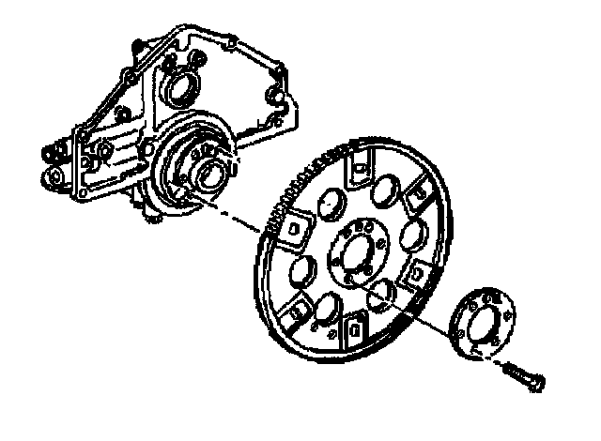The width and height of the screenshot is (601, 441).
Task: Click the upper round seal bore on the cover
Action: [x=179, y=91]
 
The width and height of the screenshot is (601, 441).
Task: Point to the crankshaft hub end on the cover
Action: [x=208, y=174]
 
